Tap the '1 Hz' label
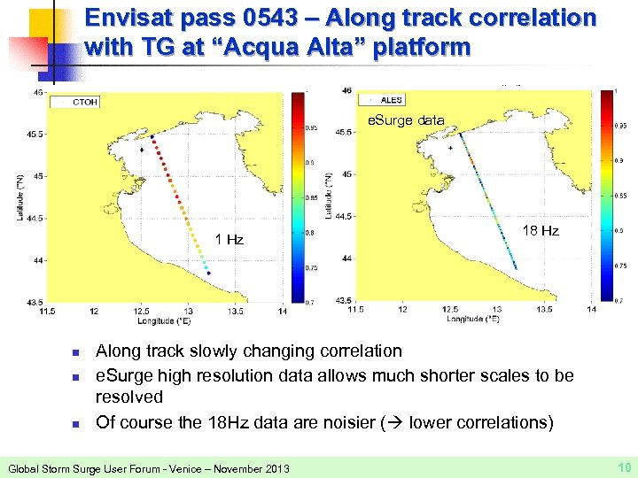(x=230, y=239)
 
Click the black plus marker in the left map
(x=142, y=151)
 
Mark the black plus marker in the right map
(x=450, y=149)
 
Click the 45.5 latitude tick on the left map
(x=38, y=135)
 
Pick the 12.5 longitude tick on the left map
(x=141, y=311)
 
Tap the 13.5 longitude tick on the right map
(x=544, y=309)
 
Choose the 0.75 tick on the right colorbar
(x=622, y=265)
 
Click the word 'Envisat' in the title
(x=132, y=18)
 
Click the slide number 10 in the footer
(x=623, y=466)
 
